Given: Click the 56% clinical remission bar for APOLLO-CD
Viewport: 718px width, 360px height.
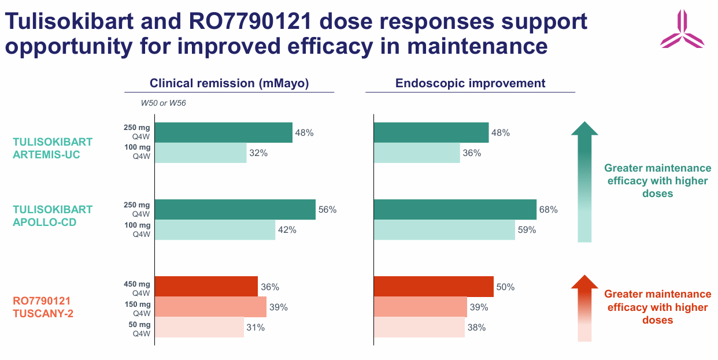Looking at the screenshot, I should point(235,209).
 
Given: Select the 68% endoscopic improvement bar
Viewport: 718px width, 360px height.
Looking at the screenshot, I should point(455,209).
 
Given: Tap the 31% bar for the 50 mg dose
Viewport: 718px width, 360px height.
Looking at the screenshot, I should point(199,327).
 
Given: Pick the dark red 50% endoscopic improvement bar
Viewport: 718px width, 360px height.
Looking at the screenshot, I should point(434,287).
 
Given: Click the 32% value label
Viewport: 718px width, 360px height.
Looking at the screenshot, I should point(258,153).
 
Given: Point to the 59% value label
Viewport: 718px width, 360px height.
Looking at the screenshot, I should point(527,229).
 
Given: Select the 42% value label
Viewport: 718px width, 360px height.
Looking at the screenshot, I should point(287,229).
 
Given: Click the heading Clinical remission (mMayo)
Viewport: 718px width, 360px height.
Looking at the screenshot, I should point(229,83).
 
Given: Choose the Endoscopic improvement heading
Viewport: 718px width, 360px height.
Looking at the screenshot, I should point(470,83).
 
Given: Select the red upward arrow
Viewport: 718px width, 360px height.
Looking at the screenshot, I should point(584,307).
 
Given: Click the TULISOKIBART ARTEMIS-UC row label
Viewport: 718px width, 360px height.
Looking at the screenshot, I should point(53,148).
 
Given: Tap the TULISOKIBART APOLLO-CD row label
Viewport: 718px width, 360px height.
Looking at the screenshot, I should point(53,216).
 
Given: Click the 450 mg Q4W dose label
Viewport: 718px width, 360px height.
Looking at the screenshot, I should point(137,287).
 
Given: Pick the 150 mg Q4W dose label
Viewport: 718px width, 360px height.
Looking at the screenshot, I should point(137,308).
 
